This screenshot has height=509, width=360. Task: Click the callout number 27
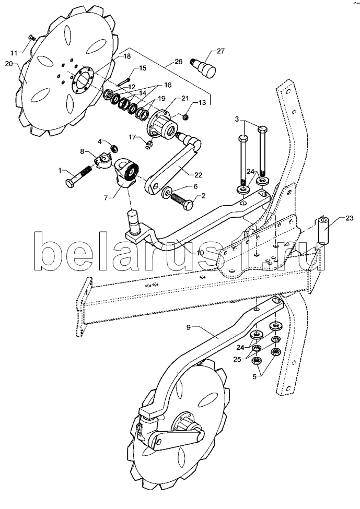[220, 51]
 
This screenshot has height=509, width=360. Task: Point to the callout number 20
[8, 64]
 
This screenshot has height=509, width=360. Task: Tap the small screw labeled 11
[31, 37]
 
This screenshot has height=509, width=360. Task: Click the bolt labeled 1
[78, 174]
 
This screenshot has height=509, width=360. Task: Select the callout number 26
[179, 61]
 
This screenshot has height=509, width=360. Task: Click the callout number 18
[126, 55]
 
